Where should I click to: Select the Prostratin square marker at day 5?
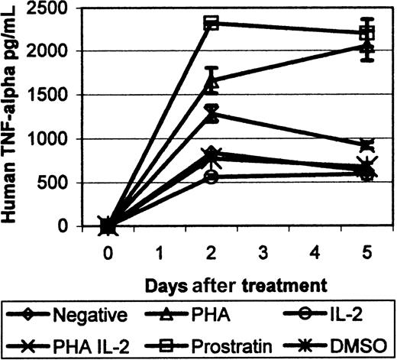(x=366, y=33)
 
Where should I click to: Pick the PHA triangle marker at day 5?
(x=366, y=48)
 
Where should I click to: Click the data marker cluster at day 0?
(x=108, y=225)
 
